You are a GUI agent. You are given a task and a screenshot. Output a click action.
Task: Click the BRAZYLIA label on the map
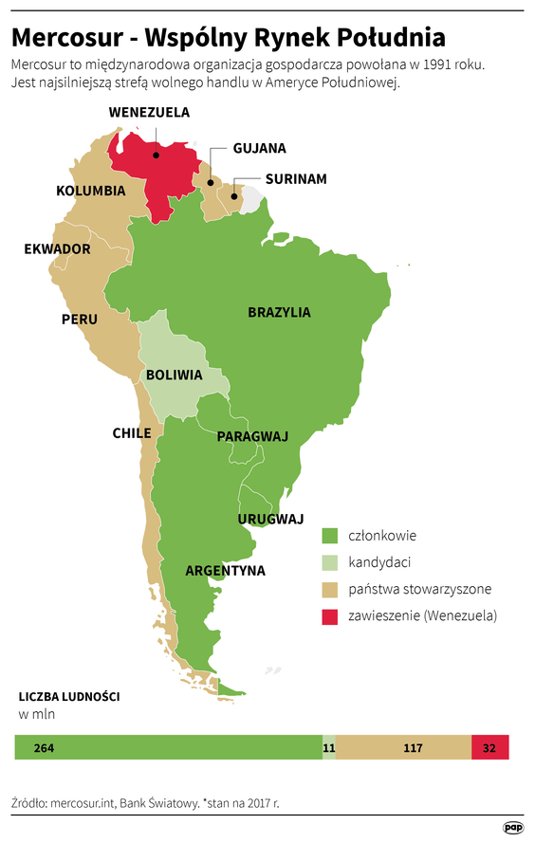(279, 312)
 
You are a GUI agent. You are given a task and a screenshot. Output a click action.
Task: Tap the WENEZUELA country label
(149, 112)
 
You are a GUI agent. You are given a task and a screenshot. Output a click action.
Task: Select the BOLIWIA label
(174, 375)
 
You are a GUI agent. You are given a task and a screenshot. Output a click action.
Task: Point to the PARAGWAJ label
(252, 436)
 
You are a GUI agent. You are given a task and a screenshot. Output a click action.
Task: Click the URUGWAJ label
(270, 519)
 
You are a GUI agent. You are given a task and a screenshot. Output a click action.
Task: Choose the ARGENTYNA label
(225, 571)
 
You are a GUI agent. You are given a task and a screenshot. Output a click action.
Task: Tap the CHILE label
(132, 433)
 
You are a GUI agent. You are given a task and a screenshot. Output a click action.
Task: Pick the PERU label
(80, 320)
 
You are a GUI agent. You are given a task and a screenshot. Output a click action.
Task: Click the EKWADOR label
(57, 249)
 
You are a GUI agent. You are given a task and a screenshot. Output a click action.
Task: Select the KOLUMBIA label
(91, 191)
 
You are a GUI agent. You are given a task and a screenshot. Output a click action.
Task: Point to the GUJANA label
(259, 148)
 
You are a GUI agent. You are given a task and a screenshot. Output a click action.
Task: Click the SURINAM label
(296, 178)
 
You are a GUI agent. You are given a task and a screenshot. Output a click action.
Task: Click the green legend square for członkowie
(330, 536)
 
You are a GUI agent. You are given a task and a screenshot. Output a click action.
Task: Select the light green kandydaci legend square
(330, 562)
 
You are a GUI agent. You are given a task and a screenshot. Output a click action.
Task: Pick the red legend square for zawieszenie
(330, 616)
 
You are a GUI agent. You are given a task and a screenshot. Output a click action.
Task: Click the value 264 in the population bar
(44, 748)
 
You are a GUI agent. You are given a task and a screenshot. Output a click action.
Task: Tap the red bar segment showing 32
(489, 748)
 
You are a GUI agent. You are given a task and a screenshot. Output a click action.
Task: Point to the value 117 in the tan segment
(413, 748)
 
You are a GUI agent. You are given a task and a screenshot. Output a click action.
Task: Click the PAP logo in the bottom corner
(513, 828)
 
